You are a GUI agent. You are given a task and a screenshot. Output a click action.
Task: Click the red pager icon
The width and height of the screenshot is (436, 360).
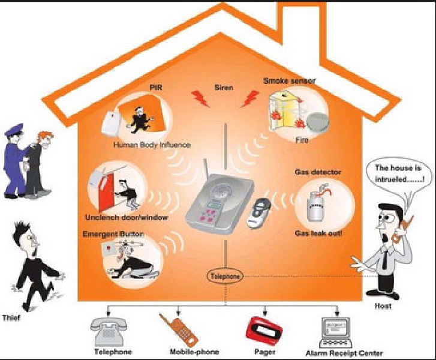click(264, 331)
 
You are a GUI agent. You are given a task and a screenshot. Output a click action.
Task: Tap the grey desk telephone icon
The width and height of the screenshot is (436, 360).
click(109, 332)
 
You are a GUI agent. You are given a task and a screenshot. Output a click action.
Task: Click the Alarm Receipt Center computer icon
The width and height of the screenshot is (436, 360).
click(336, 332)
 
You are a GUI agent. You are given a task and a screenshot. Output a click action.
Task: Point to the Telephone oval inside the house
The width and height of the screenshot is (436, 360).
click(225, 276)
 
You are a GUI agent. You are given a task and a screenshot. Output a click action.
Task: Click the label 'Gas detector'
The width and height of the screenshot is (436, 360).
click(318, 172)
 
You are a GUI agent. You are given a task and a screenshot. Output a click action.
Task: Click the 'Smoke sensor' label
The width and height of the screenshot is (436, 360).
click(289, 81)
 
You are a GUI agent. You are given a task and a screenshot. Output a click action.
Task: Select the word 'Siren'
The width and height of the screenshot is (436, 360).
click(224, 88)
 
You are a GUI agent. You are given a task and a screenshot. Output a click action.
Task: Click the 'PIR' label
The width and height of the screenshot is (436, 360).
click(156, 88)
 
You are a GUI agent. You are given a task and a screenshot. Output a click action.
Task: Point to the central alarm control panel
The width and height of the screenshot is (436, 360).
click(219, 203)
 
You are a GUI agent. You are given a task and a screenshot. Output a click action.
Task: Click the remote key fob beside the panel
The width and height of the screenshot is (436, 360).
click(258, 213)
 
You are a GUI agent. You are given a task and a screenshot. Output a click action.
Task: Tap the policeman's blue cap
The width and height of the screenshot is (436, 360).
click(14, 130)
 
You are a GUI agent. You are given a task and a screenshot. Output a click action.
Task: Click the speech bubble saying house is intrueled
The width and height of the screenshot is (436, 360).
click(399, 174)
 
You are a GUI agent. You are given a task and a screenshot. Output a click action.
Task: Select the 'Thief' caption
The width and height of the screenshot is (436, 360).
click(11, 318)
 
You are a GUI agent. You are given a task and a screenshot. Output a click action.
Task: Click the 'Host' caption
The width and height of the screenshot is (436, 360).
click(383, 306)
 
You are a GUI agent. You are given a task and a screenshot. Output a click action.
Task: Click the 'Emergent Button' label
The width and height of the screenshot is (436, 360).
click(113, 234)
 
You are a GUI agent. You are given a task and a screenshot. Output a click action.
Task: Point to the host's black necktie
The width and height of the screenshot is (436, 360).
click(384, 259)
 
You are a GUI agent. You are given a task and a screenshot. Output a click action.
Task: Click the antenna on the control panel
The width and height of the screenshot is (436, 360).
click(206, 169)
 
